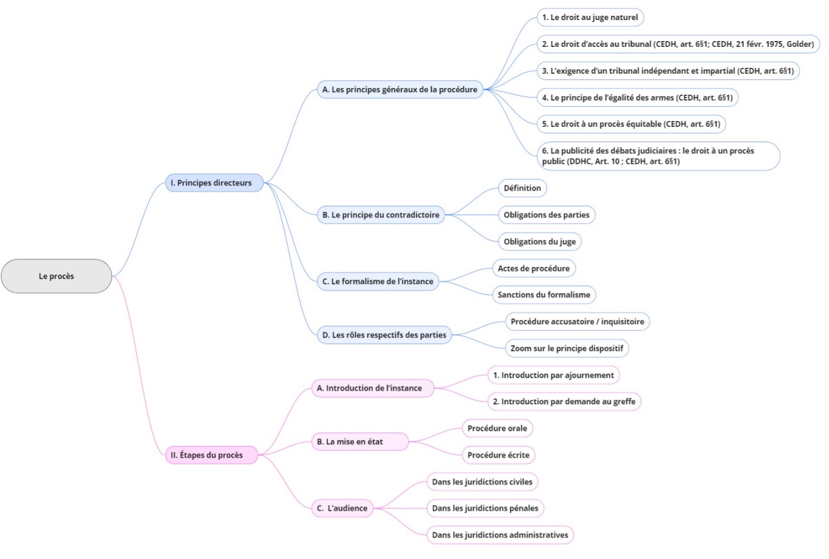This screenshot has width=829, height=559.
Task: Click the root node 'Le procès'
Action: point(56,276)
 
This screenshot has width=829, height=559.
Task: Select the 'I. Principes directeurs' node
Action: point(214,183)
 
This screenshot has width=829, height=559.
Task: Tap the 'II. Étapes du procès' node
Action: point(211,455)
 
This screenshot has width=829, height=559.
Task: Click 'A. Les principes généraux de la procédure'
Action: point(400,89)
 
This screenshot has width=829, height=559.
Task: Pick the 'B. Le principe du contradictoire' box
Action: point(381,215)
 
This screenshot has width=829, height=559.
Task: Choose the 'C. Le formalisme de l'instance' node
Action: point(378,281)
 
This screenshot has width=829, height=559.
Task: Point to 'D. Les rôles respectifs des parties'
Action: point(384,335)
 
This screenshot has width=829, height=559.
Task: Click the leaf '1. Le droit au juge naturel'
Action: point(590,17)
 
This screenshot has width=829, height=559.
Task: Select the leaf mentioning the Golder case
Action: point(678,44)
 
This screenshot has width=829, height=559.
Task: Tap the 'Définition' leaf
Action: point(522,188)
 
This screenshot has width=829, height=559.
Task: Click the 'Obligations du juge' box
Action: point(540,242)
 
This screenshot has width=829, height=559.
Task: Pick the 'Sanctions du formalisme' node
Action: point(544,295)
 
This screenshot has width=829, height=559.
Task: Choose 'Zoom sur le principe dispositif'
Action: point(567,348)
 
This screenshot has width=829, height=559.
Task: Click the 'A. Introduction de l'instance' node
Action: point(372,388)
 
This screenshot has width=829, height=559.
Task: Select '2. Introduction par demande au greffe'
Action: point(564,402)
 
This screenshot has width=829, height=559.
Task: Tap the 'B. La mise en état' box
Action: point(360,442)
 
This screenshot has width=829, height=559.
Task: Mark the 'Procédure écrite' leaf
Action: point(498,455)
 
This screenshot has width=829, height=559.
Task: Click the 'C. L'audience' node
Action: point(342,509)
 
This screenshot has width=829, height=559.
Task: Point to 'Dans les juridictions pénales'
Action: point(485,509)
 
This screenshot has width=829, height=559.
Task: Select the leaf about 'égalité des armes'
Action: point(637,98)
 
